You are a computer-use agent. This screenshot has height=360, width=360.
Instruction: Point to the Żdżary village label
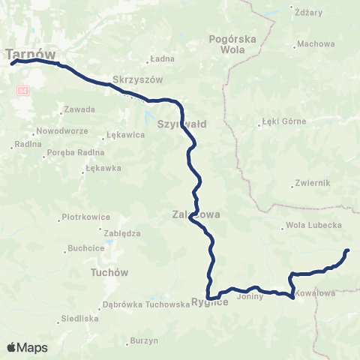tap(308, 13)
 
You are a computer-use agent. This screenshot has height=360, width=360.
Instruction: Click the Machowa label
tap(316, 43)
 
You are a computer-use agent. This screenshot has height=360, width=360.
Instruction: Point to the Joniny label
tap(250, 296)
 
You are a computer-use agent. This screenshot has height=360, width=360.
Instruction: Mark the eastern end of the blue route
tap(347, 250)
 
